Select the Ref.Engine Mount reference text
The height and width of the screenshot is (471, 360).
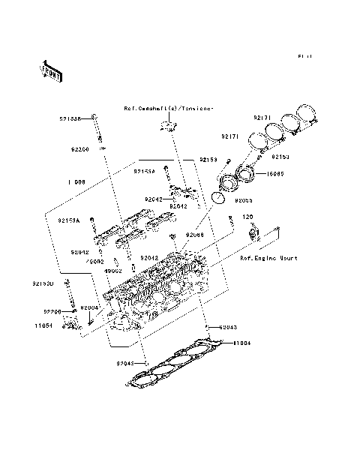point(268,258)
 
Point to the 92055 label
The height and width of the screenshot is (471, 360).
point(244,201)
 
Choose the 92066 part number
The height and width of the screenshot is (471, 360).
point(194,235)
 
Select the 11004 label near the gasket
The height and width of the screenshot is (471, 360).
point(240,343)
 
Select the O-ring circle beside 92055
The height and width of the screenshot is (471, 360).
point(218,196)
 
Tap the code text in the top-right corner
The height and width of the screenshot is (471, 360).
point(304,57)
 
